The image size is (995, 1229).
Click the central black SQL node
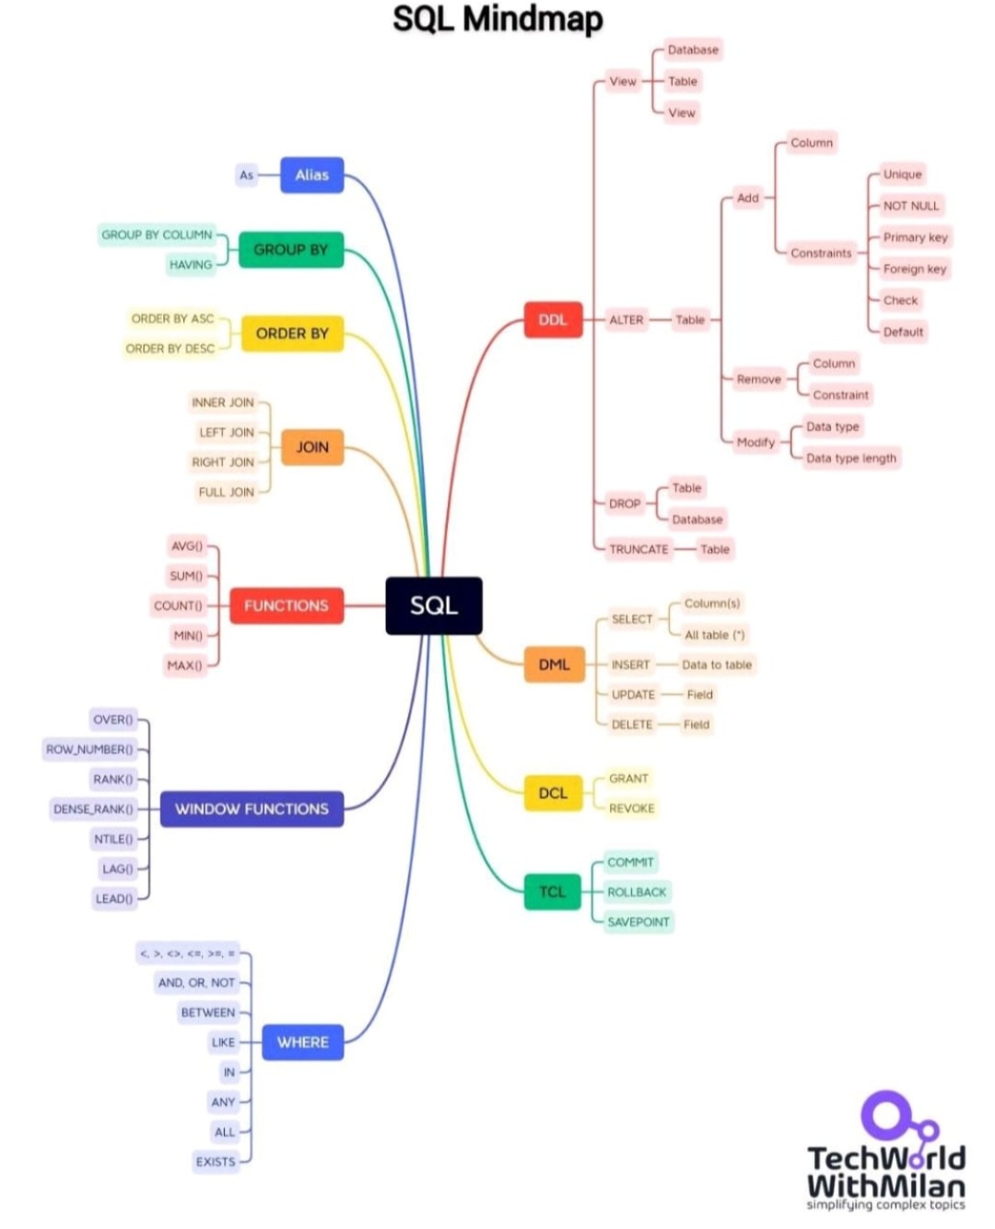point(433,605)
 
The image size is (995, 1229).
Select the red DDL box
point(553,320)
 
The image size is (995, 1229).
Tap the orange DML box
point(554,664)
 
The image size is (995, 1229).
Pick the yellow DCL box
point(553,793)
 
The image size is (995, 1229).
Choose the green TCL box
point(553,891)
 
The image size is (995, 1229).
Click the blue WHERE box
point(302,1042)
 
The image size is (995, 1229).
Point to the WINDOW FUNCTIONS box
point(252,809)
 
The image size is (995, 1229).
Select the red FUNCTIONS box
point(286,605)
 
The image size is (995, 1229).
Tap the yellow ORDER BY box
point(292,334)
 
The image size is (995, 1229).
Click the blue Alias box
point(311,175)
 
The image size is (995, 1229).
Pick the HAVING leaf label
point(191,264)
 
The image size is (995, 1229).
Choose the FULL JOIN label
point(226,492)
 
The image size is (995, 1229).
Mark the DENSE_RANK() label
point(93,809)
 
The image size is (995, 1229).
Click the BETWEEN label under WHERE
point(208,1012)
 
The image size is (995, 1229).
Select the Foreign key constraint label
point(914,269)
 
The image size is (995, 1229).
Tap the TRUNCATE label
point(638,549)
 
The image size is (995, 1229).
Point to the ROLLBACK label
point(637,892)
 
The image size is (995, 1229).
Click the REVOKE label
point(631,808)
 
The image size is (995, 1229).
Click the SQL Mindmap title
point(497,19)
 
